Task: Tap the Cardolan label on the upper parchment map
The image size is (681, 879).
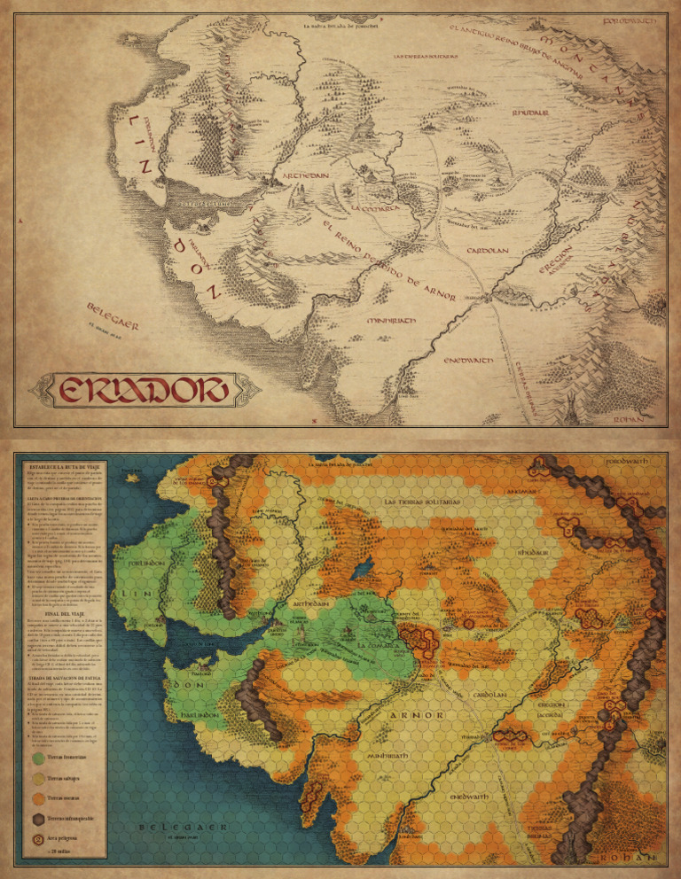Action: [x=488, y=251]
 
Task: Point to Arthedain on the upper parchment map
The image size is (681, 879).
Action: [x=307, y=175]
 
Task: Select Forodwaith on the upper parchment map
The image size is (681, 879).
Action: [x=630, y=19]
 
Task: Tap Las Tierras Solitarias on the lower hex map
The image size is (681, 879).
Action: [x=422, y=502]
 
